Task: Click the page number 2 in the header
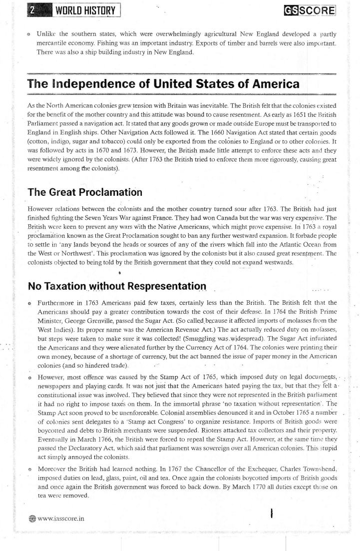[x=31, y=10]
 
